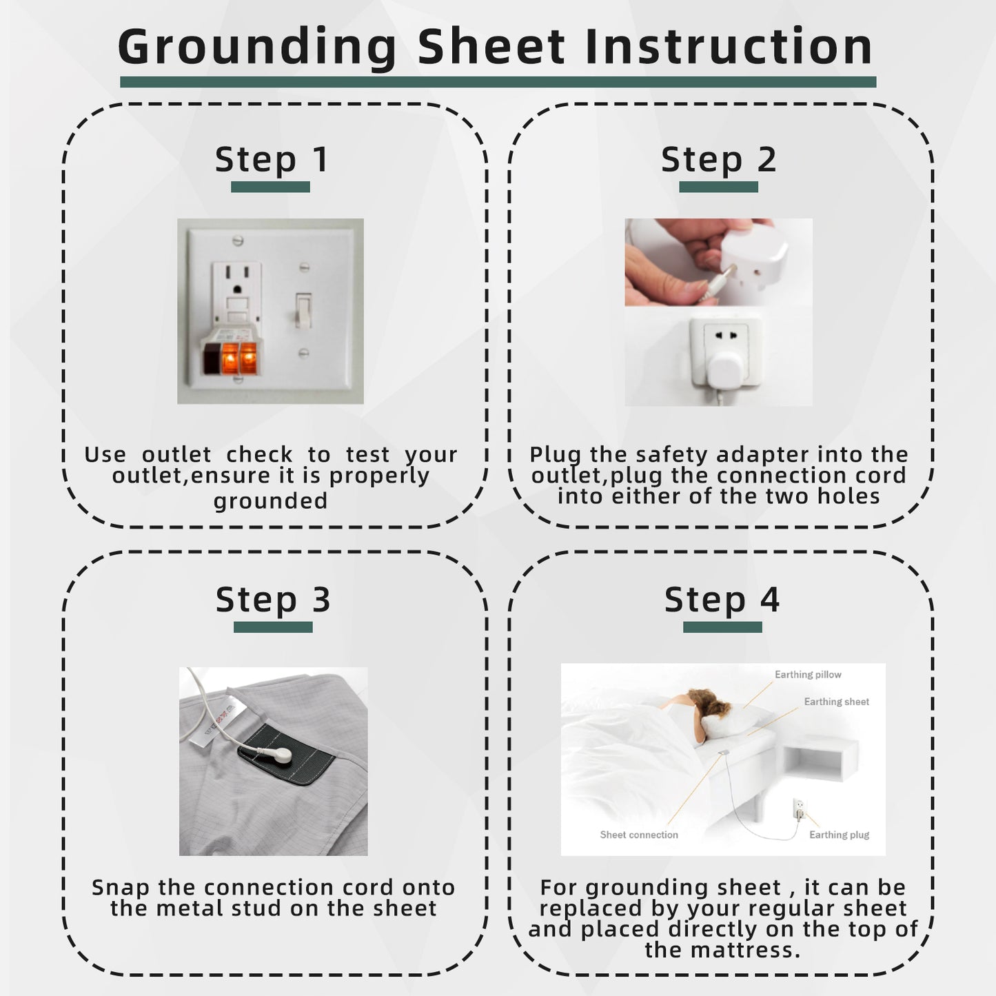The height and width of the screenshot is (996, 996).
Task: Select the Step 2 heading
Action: pyautogui.click(x=718, y=160)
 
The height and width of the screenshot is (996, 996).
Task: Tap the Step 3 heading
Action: pyautogui.click(x=273, y=600)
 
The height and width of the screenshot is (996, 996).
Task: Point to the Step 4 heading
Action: pyautogui.click(x=722, y=600)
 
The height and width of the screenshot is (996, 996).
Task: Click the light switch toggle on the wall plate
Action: pyautogui.click(x=303, y=310)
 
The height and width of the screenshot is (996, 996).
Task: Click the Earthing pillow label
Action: pyautogui.click(x=808, y=675)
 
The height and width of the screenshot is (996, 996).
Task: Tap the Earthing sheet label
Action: pyautogui.click(x=836, y=702)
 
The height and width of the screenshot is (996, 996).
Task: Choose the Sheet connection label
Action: pyautogui.click(x=639, y=835)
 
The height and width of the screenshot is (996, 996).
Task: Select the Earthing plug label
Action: pyautogui.click(x=839, y=835)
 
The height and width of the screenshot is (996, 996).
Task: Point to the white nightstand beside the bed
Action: pyautogui.click(x=820, y=759)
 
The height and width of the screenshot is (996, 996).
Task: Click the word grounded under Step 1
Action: pyautogui.click(x=270, y=500)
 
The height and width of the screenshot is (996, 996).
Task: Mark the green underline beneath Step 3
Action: pyautogui.click(x=273, y=627)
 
